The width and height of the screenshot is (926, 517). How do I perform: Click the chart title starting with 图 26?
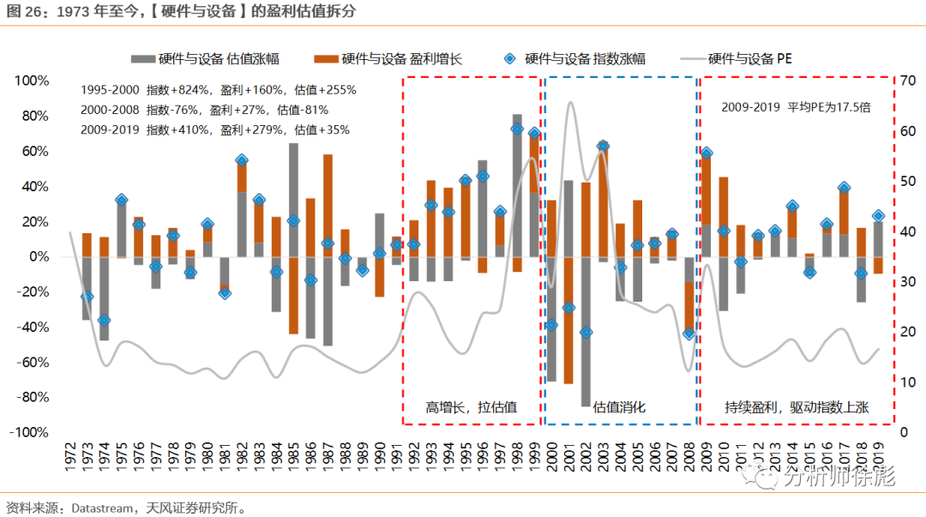tap(180, 11)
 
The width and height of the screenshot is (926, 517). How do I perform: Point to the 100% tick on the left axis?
tap(33, 81)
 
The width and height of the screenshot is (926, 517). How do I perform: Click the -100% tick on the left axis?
tap(31, 433)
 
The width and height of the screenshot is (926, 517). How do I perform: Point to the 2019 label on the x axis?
tap(878, 454)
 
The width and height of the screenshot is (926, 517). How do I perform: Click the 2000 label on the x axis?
tap(551, 454)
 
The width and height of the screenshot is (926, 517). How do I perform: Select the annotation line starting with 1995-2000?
tap(218, 89)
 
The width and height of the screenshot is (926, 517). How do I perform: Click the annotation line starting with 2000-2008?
tap(204, 110)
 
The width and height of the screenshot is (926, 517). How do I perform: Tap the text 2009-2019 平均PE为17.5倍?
tap(796, 108)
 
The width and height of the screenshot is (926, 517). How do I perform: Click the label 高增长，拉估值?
tap(471, 407)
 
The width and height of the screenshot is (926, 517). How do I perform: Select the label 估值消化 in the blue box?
tap(619, 407)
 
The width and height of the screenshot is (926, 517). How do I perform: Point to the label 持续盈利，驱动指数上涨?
tap(797, 407)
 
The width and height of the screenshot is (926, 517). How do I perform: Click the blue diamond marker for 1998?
tap(517, 129)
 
